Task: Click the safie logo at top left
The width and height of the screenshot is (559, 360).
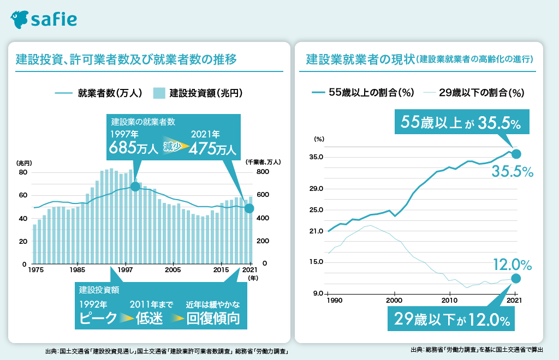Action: (x=44, y=19)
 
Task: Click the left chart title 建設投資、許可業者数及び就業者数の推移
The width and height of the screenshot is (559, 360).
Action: (x=126, y=59)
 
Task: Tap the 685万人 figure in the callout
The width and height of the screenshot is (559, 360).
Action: (x=133, y=147)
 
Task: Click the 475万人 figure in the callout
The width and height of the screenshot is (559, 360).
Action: (x=212, y=148)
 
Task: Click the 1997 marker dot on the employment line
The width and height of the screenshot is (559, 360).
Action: (x=135, y=187)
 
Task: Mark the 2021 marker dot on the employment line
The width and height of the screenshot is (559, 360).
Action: (x=249, y=208)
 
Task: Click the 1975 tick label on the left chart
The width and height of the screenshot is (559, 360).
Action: (x=36, y=270)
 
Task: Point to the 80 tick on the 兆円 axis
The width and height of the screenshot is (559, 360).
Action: (x=23, y=172)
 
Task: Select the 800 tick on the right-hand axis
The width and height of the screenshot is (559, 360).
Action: (x=263, y=172)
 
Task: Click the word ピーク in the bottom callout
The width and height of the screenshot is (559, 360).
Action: (x=98, y=318)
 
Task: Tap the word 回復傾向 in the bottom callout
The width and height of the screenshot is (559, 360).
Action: (x=213, y=318)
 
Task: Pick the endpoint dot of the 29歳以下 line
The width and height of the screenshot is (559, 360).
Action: (x=516, y=279)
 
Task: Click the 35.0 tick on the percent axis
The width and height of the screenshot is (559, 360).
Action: (x=317, y=157)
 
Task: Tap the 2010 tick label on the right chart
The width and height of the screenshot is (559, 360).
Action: (x=449, y=301)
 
